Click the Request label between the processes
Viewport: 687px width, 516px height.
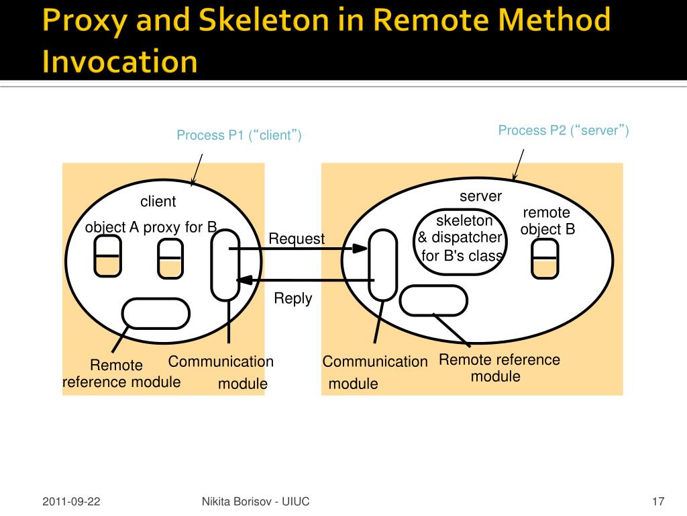(296, 239)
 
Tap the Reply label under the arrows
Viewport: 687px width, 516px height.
(293, 298)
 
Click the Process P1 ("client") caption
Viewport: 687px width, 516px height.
(239, 136)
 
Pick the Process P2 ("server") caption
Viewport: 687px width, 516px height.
(563, 130)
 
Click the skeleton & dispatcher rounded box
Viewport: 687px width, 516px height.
(460, 242)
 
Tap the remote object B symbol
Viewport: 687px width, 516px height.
(544, 259)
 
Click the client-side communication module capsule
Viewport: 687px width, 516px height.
(225, 265)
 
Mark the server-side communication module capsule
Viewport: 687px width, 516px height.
(382, 265)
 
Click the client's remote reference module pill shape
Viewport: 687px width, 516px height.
(156, 313)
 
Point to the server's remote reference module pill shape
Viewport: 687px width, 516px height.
(433, 300)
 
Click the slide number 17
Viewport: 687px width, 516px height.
(657, 502)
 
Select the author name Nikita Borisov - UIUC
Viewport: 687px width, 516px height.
(255, 502)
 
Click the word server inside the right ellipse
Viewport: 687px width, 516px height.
(480, 196)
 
